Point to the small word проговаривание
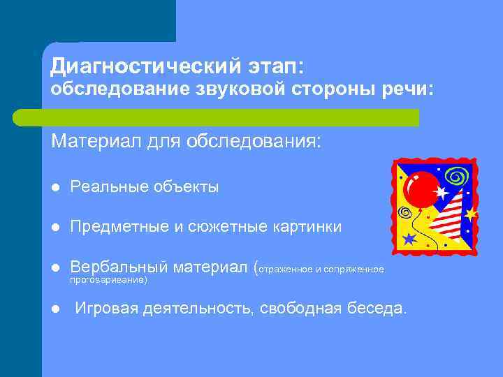(109, 279)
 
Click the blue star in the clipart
(409, 239)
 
